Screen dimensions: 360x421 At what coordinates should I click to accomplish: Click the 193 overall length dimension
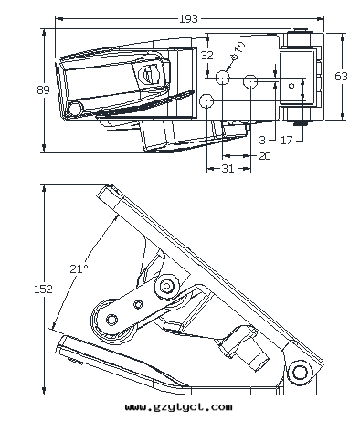pyautogui.click(x=188, y=19)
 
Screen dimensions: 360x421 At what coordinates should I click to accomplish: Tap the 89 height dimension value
pyautogui.click(x=43, y=89)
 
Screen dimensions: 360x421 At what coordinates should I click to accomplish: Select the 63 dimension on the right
pyautogui.click(x=341, y=76)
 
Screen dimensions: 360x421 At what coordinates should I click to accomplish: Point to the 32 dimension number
pyautogui.click(x=207, y=55)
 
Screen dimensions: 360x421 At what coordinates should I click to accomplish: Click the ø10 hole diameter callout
pyautogui.click(x=238, y=50)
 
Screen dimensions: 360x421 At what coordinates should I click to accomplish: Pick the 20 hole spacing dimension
pyautogui.click(x=265, y=156)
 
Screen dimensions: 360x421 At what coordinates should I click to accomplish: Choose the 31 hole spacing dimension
pyautogui.click(x=228, y=168)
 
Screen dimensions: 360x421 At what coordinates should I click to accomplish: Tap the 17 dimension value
pyautogui.click(x=286, y=141)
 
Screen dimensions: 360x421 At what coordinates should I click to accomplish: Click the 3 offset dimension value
pyautogui.click(x=262, y=141)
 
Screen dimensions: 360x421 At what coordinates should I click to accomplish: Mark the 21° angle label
pyautogui.click(x=79, y=268)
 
